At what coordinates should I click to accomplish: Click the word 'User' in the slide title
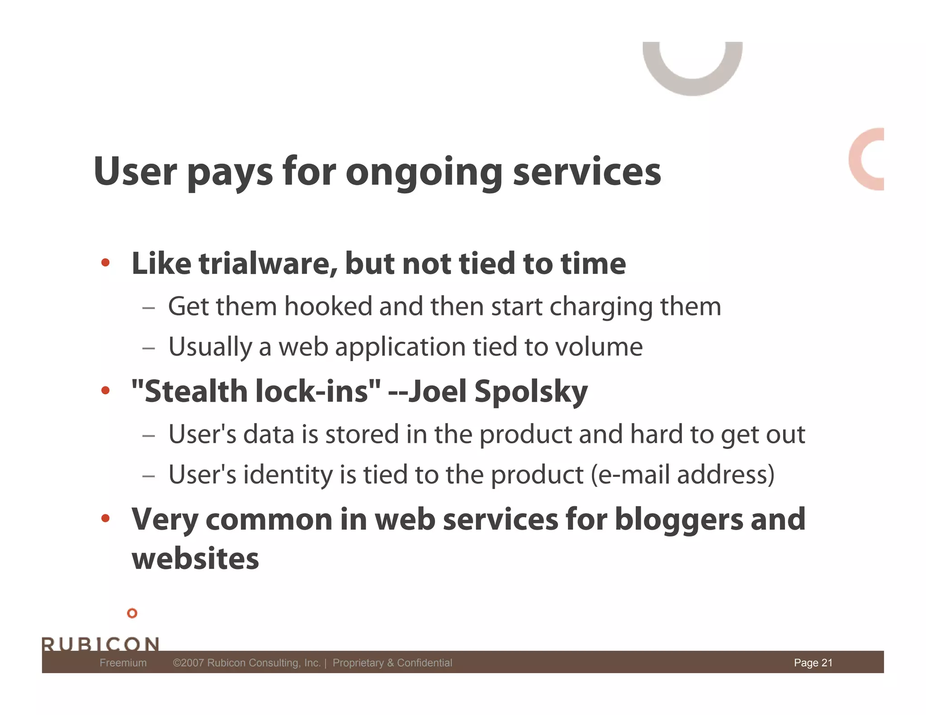[135, 171]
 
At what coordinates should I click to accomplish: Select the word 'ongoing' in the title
[424, 173]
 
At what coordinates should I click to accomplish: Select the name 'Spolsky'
[531, 391]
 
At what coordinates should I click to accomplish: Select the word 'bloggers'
[678, 519]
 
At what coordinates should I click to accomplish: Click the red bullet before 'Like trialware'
[105, 263]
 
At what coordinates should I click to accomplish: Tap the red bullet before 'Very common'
[105, 518]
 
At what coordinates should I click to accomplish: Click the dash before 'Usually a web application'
[148, 348]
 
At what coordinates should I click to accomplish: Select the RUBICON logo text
[100, 644]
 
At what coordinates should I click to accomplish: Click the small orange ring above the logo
[132, 613]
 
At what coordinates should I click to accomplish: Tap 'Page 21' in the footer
[813, 663]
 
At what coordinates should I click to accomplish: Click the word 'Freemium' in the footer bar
[123, 663]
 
